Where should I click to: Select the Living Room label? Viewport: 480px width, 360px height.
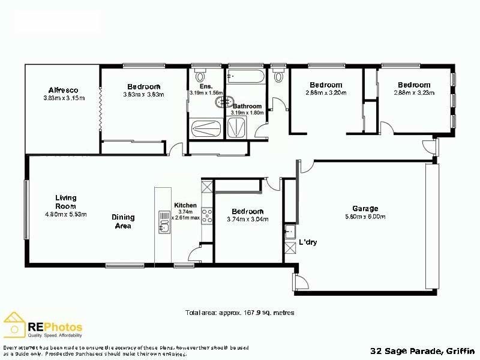click(x=65, y=202)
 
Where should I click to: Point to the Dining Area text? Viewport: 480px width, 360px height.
click(x=122, y=221)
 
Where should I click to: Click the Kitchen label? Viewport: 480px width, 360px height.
click(x=185, y=205)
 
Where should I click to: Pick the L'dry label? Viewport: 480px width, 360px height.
click(x=308, y=242)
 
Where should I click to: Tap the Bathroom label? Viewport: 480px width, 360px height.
click(x=247, y=106)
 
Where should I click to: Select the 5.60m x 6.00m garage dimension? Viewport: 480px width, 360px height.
click(x=365, y=217)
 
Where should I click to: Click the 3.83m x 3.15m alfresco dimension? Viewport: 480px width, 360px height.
click(x=65, y=98)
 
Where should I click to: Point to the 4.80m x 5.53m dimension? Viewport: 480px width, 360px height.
click(x=66, y=215)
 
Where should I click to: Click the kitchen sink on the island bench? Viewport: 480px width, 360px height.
click(x=164, y=221)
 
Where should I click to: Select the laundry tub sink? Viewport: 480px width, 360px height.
click(x=290, y=232)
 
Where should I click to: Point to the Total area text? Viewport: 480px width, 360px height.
click(x=240, y=313)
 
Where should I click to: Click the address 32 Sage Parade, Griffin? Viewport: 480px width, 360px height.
click(x=422, y=350)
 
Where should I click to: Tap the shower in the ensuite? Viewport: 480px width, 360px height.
click(x=206, y=128)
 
